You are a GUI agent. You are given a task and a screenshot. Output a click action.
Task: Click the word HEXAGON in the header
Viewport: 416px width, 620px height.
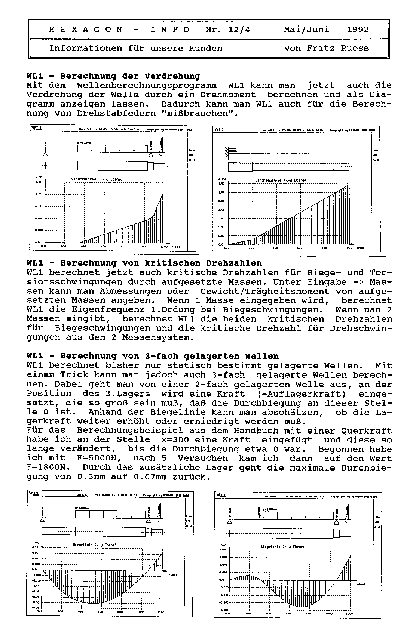coord(86,30)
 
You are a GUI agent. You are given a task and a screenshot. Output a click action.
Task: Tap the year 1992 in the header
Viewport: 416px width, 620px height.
coord(358,30)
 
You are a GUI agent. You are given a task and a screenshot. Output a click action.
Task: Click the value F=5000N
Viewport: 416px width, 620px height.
coord(102,459)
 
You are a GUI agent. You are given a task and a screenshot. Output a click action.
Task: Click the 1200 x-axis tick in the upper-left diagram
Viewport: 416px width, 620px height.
coord(164,247)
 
